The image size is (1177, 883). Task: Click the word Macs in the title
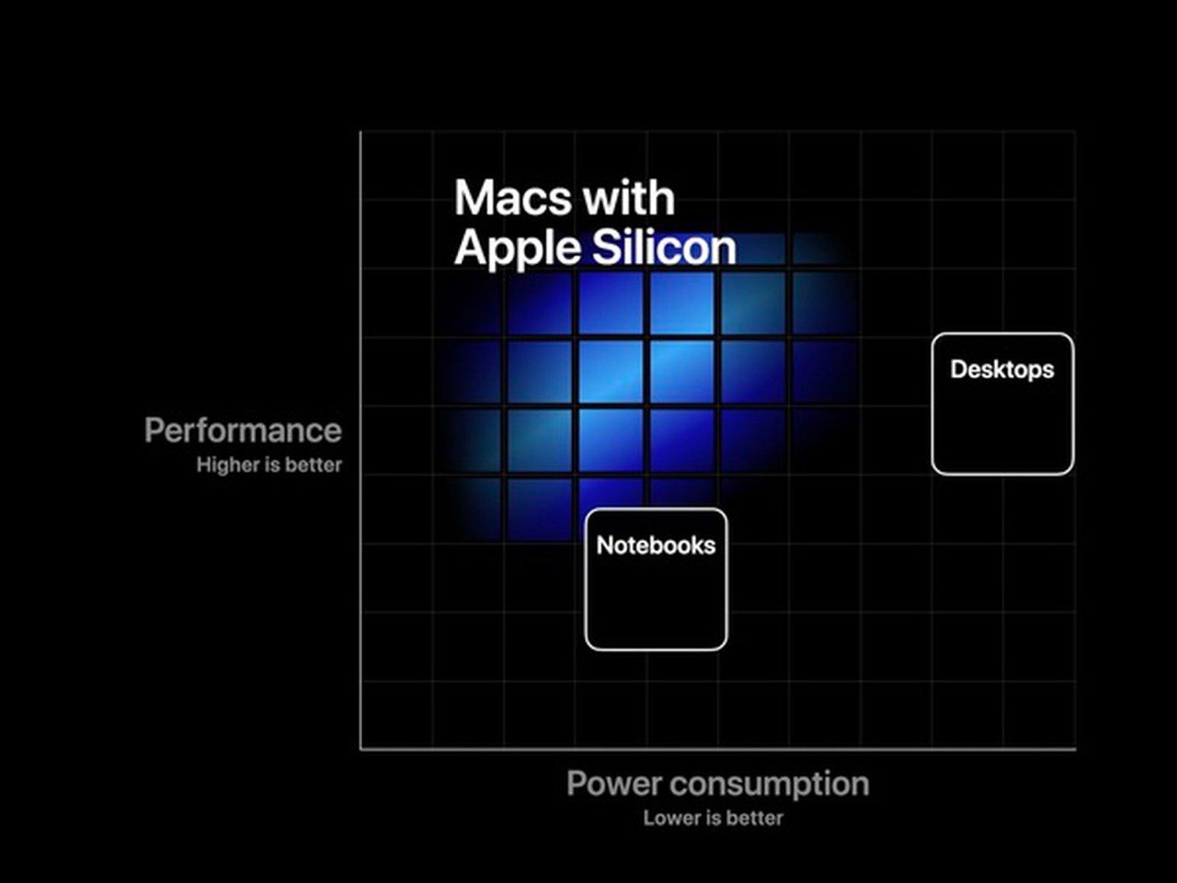[513, 198]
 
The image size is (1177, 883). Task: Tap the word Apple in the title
[518, 249]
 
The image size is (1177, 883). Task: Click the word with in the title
[630, 198]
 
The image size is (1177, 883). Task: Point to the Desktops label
[1002, 370]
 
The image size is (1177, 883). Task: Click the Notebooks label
[656, 545]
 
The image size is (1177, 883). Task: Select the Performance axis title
[243, 430]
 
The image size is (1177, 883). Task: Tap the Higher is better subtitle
[269, 464]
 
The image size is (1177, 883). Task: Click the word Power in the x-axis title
[614, 784]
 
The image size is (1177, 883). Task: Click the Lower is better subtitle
[714, 818]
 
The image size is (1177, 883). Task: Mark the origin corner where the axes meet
[360, 749]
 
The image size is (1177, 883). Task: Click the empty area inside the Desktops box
[1002, 429]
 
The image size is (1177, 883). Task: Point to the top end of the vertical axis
[360, 132]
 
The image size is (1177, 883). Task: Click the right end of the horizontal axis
[1076, 749]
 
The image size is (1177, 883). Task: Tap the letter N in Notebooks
[605, 545]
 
